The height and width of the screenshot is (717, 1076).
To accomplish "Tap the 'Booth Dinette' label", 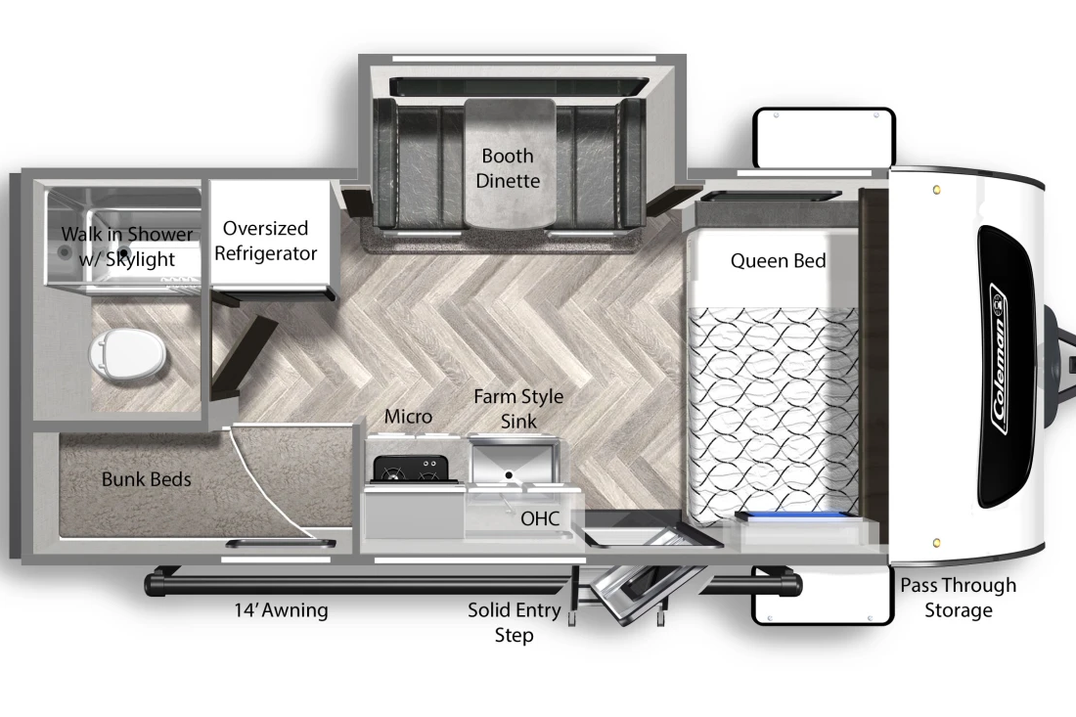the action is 508,168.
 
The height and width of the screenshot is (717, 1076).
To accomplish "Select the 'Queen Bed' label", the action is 778,261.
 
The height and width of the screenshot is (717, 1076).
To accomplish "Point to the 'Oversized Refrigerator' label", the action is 265,241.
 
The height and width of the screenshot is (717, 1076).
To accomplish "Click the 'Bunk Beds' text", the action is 146,479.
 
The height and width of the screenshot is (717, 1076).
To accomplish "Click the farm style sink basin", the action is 514,463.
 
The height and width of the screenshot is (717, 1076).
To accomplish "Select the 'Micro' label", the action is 408,417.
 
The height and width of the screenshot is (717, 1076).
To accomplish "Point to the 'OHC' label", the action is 540,518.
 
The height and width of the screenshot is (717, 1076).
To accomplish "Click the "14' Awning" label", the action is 282,610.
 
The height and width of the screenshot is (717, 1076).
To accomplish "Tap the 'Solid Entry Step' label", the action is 514,622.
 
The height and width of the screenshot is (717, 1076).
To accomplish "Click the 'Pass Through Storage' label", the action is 958,598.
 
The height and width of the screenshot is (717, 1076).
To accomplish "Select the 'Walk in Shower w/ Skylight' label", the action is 127,246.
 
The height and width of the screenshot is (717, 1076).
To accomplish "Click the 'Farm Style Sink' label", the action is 518,409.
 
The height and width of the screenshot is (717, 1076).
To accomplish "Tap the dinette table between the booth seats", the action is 510,164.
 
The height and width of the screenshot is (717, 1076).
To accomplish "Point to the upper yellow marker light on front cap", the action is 937,190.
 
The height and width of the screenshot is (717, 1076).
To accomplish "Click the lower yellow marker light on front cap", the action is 936,544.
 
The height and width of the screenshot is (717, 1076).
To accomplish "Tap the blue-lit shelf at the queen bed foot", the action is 796,516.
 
